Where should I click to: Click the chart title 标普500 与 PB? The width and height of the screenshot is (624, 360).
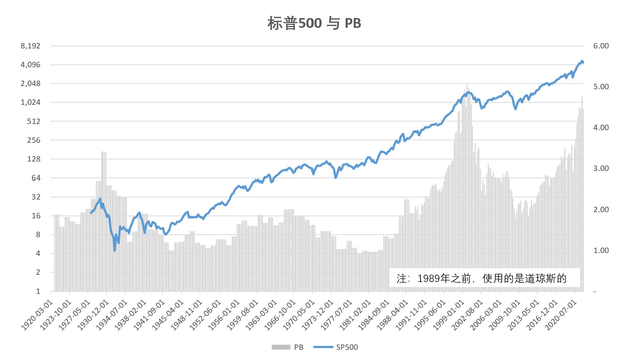pos(314,23)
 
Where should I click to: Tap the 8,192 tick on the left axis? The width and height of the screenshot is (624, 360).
pos(30,46)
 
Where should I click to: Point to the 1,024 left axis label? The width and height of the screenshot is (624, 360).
pos(30,102)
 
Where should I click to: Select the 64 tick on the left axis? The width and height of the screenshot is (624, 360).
pos(36,178)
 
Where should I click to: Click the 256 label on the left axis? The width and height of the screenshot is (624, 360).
pos(34,140)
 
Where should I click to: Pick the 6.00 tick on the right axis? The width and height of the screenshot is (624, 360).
pos(601,46)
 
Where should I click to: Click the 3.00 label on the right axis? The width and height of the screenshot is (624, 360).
pos(601,168)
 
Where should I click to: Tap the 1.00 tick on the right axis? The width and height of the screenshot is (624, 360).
pos(601,250)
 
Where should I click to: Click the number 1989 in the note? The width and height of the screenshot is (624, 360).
pos(429,278)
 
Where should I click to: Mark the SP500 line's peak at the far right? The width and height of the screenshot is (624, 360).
pos(582,61)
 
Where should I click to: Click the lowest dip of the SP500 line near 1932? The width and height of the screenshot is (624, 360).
pos(115,250)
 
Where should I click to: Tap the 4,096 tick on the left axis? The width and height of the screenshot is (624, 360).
pos(30,65)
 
